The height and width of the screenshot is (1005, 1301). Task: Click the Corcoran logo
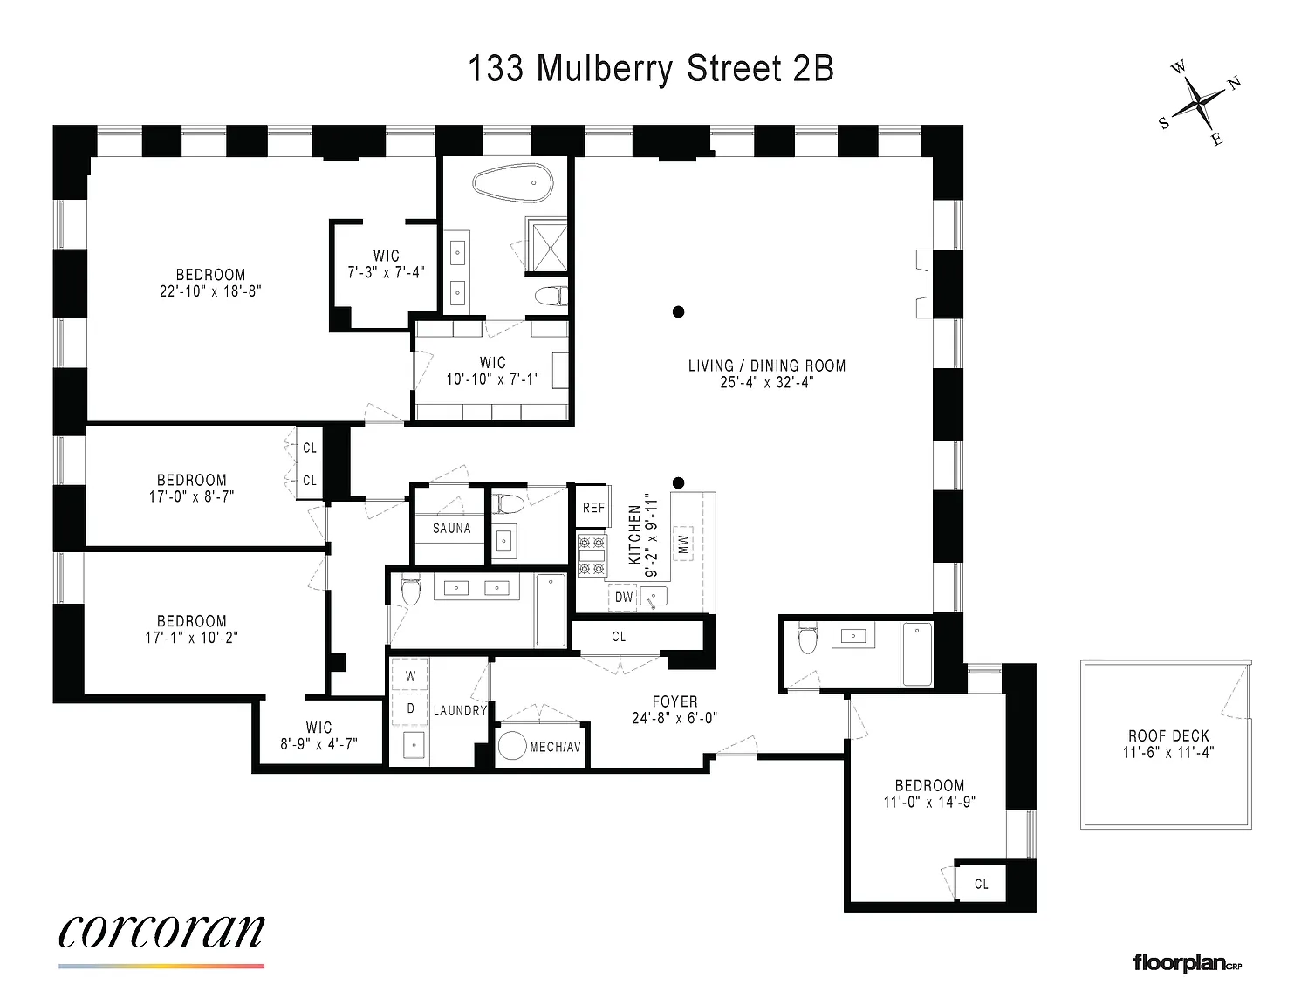[161, 932]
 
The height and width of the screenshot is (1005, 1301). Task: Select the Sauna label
[451, 528]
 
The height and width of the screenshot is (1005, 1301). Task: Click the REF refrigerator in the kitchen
[593, 508]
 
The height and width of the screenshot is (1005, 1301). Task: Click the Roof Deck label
[1168, 735]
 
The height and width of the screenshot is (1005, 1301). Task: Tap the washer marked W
[410, 676]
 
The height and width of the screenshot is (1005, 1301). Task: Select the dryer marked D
[410, 708]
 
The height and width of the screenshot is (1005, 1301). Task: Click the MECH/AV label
[555, 747]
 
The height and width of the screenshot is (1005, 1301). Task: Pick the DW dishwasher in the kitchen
[623, 597]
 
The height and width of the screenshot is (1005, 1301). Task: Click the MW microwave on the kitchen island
[683, 544]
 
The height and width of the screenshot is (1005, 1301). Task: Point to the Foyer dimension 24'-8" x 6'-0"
[674, 718]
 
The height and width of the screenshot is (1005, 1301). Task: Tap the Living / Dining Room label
[767, 366]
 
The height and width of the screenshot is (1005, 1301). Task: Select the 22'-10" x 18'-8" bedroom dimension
[211, 291]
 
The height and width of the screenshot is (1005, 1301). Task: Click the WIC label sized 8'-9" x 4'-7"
[318, 728]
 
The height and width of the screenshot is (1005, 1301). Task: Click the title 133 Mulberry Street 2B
[650, 69]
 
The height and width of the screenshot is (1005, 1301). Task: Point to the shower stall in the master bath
[546, 245]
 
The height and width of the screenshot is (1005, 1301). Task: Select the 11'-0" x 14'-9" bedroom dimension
[930, 802]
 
